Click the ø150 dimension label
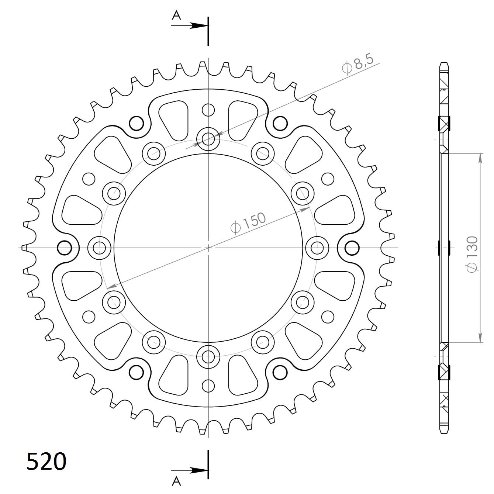[248, 223]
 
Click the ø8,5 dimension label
[358, 64]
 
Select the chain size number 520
[46, 461]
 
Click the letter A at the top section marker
[177, 15]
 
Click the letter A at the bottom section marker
[177, 481]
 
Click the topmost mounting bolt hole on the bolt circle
[208, 139]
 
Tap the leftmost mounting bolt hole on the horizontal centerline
[100, 247]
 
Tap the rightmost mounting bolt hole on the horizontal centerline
[317, 247]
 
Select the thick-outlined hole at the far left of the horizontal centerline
[65, 248]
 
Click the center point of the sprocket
[208, 248]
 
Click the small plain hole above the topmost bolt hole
[208, 110]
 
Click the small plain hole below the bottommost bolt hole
[208, 386]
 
